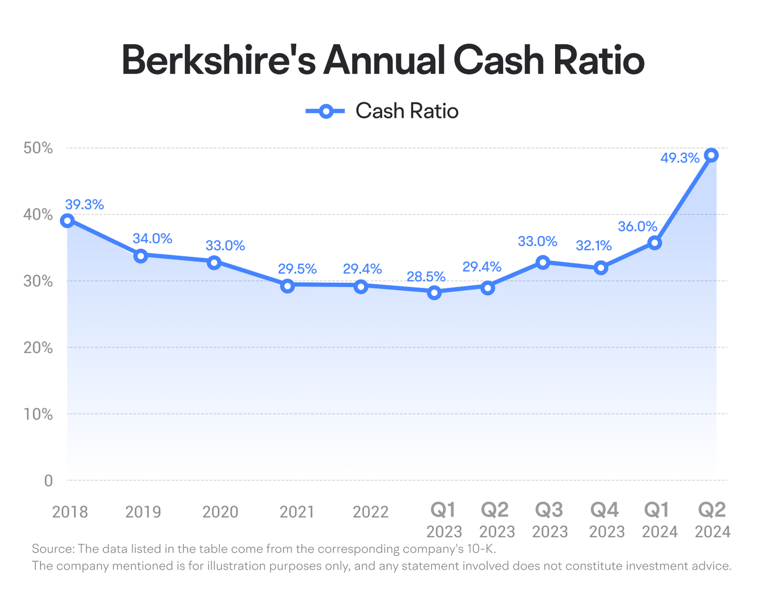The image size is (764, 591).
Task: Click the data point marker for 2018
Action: (67, 220)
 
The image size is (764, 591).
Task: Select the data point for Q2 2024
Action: (711, 155)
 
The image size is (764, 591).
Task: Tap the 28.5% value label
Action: (426, 276)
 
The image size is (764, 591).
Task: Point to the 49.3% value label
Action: (680, 158)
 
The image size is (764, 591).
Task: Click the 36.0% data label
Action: (637, 226)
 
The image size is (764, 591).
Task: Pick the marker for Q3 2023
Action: (543, 262)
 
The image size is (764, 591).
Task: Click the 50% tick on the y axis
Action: (38, 148)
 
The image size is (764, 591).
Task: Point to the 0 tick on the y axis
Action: (48, 481)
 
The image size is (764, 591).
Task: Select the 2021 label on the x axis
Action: (297, 512)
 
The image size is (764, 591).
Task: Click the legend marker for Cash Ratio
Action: (326, 112)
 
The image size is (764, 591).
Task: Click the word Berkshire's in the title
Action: (218, 60)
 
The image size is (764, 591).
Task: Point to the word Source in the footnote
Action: (53, 549)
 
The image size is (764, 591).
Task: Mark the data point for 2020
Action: (214, 262)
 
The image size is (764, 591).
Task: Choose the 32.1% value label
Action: (593, 245)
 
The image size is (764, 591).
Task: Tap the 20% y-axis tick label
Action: (38, 347)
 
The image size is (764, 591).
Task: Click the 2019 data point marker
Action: (141, 256)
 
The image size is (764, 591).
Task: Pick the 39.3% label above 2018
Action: (84, 204)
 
